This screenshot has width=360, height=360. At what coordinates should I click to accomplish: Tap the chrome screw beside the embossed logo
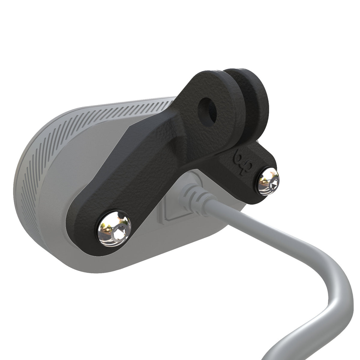pos(268,181)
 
